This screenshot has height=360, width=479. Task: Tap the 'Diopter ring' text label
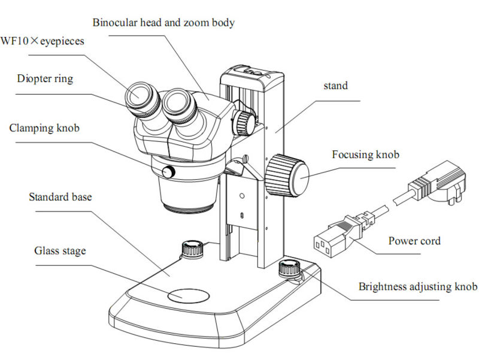[x=45, y=78]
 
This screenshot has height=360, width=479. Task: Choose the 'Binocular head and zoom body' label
[x=163, y=23]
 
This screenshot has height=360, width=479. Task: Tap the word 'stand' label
[x=335, y=86]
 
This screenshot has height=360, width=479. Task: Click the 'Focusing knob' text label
[x=366, y=155]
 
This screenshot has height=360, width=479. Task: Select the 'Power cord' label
[x=414, y=241]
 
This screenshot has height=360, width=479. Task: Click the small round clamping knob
[x=171, y=173]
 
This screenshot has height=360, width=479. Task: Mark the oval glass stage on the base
[x=188, y=295]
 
